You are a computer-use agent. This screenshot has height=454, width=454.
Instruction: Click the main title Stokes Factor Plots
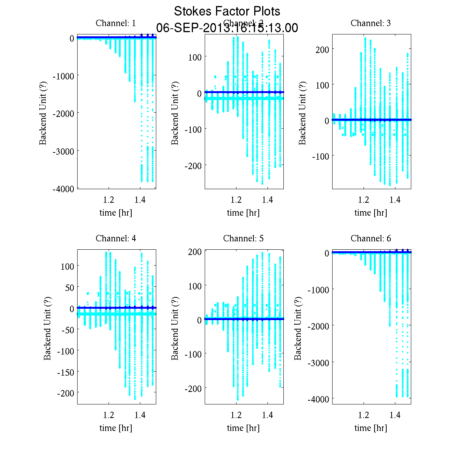[x=227, y=11]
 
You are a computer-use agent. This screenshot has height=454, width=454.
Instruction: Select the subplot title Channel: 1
[x=116, y=23]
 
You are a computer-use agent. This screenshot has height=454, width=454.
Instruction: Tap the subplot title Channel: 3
[x=371, y=23]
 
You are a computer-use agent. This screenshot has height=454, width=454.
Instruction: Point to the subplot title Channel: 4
[x=116, y=238]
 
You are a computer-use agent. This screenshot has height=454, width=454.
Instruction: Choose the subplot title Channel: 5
[x=243, y=238]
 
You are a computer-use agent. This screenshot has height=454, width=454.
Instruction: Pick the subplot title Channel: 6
[x=371, y=238]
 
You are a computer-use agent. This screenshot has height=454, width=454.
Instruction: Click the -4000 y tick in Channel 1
[x=64, y=188]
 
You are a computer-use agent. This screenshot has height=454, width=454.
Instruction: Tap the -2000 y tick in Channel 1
[x=64, y=113]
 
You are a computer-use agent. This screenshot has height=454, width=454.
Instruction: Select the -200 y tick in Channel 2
[x=193, y=165]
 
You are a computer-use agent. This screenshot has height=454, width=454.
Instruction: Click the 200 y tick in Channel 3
[x=322, y=49]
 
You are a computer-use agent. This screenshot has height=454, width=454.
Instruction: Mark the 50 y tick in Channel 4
[x=69, y=287]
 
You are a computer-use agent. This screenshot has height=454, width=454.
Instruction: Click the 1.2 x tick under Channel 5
[x=236, y=415]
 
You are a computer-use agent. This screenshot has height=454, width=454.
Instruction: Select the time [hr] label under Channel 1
[x=116, y=213]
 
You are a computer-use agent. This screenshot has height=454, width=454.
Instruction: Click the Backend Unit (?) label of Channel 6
[x=298, y=327]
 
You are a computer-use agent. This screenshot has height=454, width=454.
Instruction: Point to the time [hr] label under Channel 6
[x=371, y=428]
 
